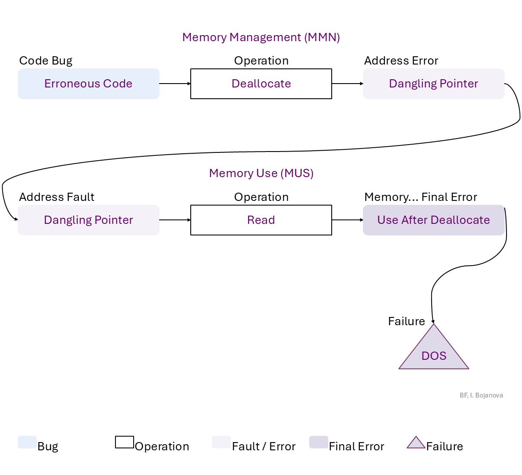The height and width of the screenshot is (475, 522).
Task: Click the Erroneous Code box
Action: pos(88,84)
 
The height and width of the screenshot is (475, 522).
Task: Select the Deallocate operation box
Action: pos(261,84)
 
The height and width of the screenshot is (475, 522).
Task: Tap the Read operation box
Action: pos(261,220)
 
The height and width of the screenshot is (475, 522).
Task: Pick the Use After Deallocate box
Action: pos(433,220)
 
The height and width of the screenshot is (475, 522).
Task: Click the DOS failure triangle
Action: pos(434,353)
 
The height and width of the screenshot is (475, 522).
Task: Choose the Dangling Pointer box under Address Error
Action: pos(433,84)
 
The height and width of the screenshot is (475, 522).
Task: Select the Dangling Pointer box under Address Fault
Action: pos(88,220)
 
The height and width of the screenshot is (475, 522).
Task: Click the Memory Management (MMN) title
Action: pos(261,37)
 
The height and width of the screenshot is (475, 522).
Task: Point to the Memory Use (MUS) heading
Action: pos(261,173)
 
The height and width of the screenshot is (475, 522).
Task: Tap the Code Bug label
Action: pos(46,61)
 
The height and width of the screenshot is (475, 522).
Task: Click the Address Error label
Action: pos(401,61)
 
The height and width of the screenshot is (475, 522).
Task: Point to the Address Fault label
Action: pos(57,197)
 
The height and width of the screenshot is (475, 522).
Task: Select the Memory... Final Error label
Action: pos(420,197)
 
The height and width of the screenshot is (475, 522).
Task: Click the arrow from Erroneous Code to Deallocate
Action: pos(175,84)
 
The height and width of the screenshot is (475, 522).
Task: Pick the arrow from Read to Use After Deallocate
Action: pos(347,220)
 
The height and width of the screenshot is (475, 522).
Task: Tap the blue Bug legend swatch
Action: pos(27,442)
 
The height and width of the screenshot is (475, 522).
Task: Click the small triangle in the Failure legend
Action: pos(416,443)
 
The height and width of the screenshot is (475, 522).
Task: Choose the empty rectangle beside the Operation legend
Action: pos(125,442)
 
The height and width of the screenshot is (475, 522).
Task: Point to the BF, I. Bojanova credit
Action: pos(481,395)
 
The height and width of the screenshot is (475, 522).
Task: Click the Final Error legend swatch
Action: pos(319,442)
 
